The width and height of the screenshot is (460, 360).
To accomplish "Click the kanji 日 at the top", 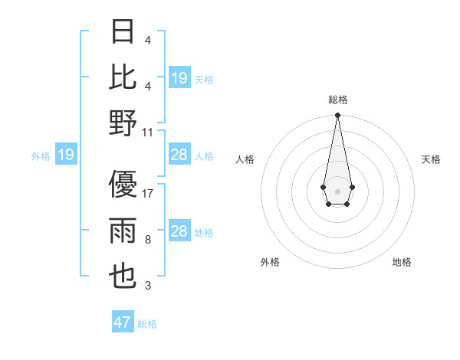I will point(123,33).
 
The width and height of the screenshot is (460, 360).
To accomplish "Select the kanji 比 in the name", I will point(123,77).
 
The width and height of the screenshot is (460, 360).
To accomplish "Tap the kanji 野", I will point(123,123).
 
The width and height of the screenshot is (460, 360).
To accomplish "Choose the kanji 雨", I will point(123,231).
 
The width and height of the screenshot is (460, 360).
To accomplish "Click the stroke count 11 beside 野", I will point(148,132).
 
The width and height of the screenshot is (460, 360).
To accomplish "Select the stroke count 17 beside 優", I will point(148,193).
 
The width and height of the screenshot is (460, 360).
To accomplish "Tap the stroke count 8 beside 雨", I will point(148,240).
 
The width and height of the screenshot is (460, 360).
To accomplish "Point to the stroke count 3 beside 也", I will point(148,286).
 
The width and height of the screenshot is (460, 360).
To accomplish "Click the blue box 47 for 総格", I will point(123,322).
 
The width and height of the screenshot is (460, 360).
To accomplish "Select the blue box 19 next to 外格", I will point(66,155).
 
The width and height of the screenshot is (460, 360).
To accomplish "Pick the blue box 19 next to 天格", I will point(179,78).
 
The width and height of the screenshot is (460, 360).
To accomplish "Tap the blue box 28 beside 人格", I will point(179,155).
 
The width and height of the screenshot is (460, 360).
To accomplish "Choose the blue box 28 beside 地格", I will point(179,231).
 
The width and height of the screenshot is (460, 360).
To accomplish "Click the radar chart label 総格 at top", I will point(337,100).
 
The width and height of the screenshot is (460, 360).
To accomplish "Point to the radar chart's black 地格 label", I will point(402,262).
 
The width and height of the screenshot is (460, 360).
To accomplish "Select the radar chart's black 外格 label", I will point(270,262).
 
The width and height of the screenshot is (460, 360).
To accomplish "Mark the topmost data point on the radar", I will point(337,116).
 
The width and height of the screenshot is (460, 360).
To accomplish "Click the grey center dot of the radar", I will point(337,190).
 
